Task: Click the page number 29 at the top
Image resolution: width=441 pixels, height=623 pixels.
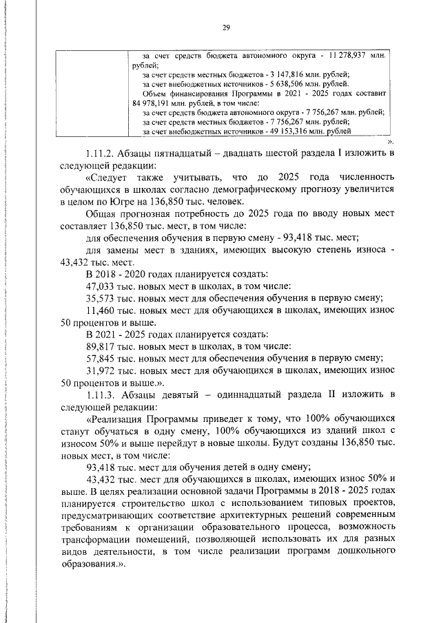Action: tap(225, 28)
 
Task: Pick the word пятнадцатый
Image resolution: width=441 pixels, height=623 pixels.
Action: tap(194, 153)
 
